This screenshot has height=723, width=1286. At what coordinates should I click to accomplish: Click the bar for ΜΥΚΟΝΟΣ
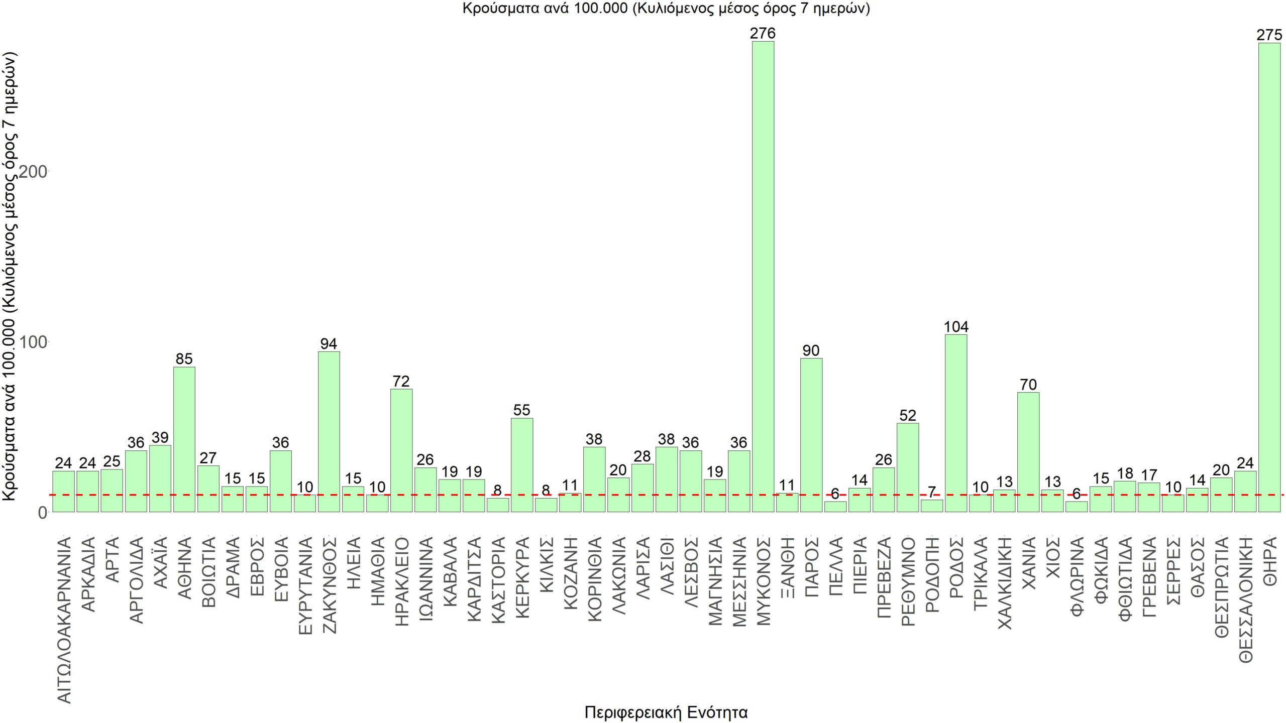pyautogui.click(x=763, y=276)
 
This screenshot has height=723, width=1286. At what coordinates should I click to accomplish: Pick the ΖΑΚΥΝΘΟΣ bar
pyautogui.click(x=329, y=431)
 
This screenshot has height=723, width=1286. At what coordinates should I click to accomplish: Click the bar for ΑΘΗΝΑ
pyautogui.click(x=184, y=439)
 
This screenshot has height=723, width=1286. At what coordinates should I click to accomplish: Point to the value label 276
pyautogui.click(x=763, y=34)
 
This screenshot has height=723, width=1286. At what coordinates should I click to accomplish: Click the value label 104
pyautogui.click(x=956, y=327)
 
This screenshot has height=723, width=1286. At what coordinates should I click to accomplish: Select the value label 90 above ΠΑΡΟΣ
pyautogui.click(x=811, y=350)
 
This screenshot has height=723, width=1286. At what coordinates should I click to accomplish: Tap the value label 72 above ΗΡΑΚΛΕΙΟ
pyautogui.click(x=401, y=382)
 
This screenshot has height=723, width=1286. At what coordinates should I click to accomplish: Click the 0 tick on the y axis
pyautogui.click(x=42, y=513)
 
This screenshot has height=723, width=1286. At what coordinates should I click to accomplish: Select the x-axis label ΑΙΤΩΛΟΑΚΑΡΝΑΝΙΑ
pyautogui.click(x=64, y=620)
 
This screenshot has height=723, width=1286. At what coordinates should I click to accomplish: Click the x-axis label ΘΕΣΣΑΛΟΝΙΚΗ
pyautogui.click(x=1246, y=599)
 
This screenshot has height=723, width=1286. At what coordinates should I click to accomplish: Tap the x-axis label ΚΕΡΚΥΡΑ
pyautogui.click(x=522, y=577)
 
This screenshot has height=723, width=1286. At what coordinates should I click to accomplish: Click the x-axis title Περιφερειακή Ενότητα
pyautogui.click(x=666, y=712)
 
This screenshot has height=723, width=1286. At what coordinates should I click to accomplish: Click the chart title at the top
pyautogui.click(x=666, y=9)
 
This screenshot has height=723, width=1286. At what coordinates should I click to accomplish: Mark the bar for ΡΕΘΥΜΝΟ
pyautogui.click(x=908, y=467)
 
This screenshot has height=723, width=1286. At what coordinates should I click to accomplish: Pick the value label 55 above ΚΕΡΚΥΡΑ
pyautogui.click(x=521, y=410)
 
